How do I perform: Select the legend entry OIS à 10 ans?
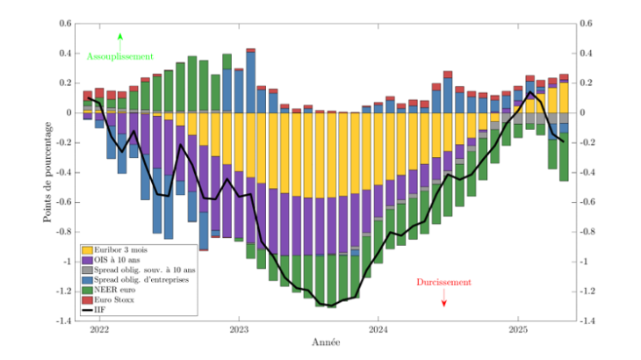tap(115, 261)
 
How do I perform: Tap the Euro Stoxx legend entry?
tap(113, 299)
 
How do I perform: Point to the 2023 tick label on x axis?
tap(239, 331)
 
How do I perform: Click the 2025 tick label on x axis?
tap(518, 331)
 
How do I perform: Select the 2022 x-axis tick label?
tap(99, 331)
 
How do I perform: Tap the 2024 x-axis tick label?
tap(378, 331)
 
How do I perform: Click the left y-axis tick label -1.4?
tap(64, 321)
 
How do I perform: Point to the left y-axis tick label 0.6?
tap(67, 24)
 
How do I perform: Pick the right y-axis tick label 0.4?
tap(586, 54)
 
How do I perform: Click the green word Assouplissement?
tap(120, 56)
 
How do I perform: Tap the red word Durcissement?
tap(443, 283)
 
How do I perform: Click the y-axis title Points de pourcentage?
tap(48, 172)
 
